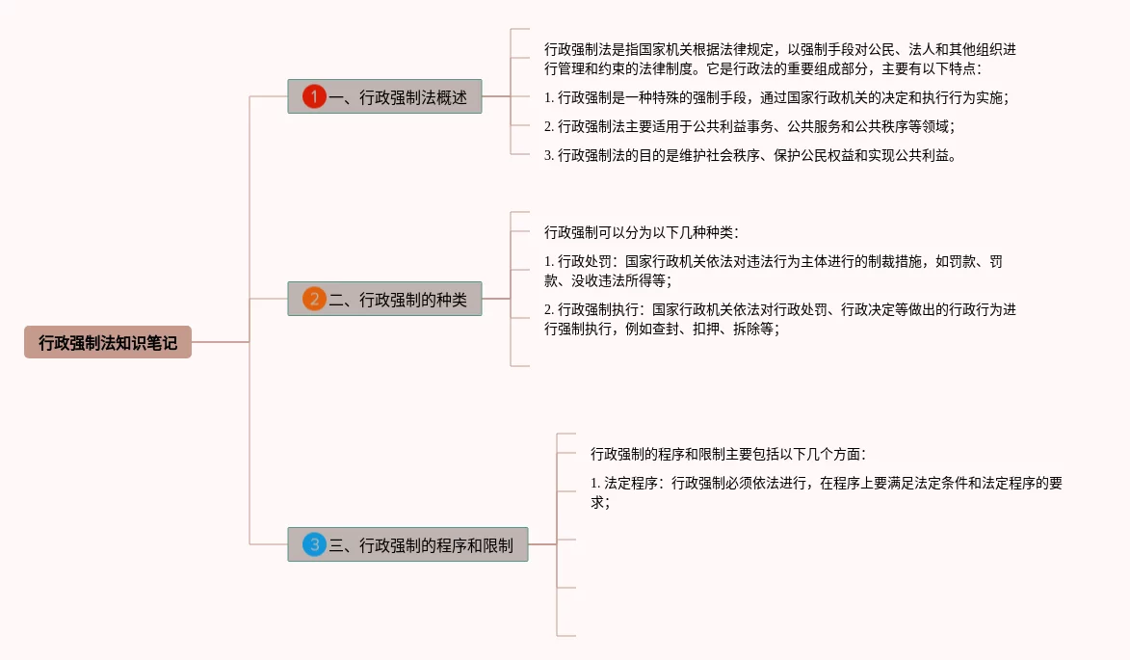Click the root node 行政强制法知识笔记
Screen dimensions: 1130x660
click(x=108, y=342)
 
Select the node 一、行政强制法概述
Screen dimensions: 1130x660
click(x=398, y=96)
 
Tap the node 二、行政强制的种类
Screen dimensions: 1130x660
click(x=398, y=300)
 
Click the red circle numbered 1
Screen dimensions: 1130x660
click(x=314, y=96)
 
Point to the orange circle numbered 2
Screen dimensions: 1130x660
click(x=314, y=300)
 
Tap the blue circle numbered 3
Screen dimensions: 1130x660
click(x=314, y=545)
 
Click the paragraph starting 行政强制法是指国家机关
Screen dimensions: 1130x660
click(x=779, y=59)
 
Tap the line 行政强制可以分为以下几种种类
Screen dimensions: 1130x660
click(x=641, y=232)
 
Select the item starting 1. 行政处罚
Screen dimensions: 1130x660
click(x=775, y=271)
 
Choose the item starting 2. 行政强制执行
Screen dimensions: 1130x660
click(x=779, y=319)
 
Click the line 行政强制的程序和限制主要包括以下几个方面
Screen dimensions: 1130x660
click(x=728, y=454)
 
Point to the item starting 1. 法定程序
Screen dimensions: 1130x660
click(x=826, y=492)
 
